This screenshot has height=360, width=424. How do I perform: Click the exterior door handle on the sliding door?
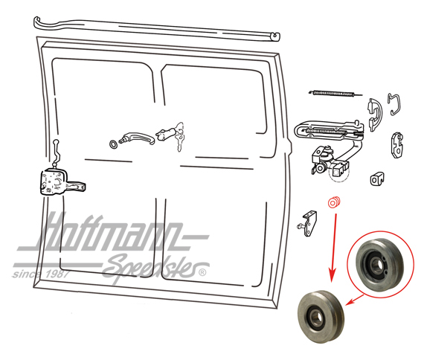(138, 138)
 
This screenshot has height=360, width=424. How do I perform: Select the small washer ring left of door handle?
(113, 144)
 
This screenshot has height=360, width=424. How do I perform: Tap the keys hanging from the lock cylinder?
(180, 138)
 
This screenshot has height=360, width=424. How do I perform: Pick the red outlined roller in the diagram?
(334, 202)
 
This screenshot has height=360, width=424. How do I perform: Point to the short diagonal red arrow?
(354, 300)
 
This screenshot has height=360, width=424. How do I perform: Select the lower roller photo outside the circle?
(321, 316)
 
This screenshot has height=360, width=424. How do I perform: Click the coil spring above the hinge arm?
(335, 94)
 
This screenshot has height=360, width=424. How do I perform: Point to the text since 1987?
(41, 274)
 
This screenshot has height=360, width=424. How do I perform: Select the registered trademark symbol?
(202, 272)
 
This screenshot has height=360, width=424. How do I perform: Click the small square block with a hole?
(377, 179)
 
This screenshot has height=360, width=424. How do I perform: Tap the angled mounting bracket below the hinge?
(308, 224)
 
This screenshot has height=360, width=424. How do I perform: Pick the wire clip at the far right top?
(394, 104)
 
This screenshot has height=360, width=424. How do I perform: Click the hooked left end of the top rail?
(38, 22)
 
